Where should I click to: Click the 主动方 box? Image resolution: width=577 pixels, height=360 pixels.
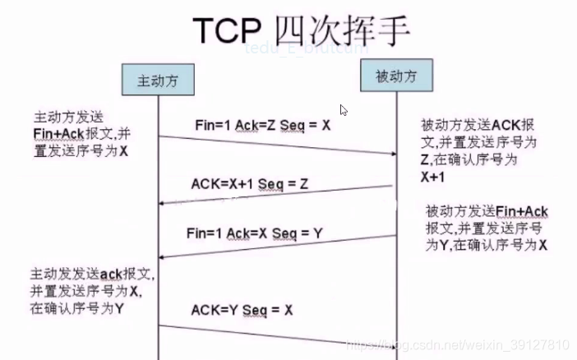click(156, 81)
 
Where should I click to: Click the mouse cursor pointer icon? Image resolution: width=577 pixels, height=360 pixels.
click(344, 109)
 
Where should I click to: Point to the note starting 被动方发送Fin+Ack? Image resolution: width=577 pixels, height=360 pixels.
click(486, 228)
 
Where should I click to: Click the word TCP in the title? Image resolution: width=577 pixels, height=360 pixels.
click(223, 29)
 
